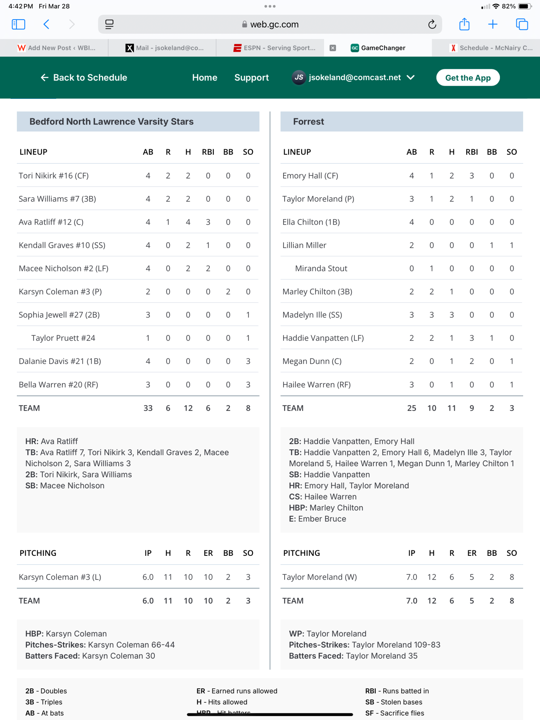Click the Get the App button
pos(468,78)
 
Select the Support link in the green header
pos(252,78)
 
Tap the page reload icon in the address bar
pos(432,24)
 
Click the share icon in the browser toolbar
pos(464,24)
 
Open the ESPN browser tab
pos(274,48)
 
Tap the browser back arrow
pos(46,24)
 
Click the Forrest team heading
pos(309,122)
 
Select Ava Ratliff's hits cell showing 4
pos(188,222)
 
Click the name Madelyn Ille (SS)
pos(312,315)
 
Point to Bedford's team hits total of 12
pos(188,408)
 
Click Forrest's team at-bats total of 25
pos(412,408)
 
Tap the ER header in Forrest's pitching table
pos(472,553)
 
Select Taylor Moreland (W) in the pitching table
pos(319,577)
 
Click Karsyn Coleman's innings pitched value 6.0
pos(148,577)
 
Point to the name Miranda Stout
pos(321,269)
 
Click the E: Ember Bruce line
pos(317,519)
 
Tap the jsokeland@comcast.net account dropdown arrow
pos(411,78)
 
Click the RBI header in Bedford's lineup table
pos(208,152)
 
